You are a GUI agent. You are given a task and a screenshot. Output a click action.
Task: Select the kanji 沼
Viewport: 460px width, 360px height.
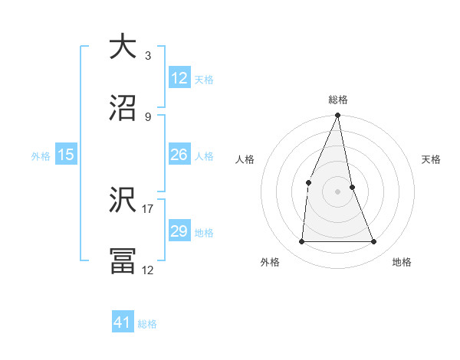(123, 107)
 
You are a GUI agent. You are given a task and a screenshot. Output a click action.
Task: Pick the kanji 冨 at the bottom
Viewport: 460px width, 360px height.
(123, 260)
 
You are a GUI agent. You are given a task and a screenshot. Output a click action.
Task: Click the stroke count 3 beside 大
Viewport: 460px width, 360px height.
(147, 56)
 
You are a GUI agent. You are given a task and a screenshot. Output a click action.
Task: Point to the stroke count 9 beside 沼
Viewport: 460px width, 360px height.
(147, 116)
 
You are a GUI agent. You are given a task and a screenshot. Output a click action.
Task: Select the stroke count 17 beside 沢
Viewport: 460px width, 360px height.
(147, 208)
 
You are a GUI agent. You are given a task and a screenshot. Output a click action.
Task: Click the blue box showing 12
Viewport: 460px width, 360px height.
(179, 78)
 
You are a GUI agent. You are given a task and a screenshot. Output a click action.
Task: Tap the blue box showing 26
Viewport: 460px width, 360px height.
(179, 155)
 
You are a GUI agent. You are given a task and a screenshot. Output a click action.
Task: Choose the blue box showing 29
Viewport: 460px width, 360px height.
(179, 231)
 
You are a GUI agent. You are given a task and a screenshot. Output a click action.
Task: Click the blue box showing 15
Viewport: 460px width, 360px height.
(66, 155)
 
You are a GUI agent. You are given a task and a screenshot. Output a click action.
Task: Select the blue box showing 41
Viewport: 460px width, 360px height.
(123, 322)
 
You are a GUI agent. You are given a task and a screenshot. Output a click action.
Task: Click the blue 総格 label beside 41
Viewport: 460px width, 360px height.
(147, 324)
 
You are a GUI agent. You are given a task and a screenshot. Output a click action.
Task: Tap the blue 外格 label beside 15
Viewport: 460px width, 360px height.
(41, 156)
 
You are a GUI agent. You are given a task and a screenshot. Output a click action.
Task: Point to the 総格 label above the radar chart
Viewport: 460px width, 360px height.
(338, 100)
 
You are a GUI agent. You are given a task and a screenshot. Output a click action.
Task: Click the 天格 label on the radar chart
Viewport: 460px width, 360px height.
(432, 159)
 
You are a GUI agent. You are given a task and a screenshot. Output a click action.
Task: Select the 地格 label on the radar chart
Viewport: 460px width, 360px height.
(402, 262)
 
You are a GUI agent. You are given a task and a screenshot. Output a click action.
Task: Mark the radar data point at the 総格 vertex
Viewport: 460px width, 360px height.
(338, 116)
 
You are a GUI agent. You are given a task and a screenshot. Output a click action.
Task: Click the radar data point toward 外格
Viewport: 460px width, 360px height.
(302, 241)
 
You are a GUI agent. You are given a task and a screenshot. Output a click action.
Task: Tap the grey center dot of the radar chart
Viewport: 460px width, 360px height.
(338, 191)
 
